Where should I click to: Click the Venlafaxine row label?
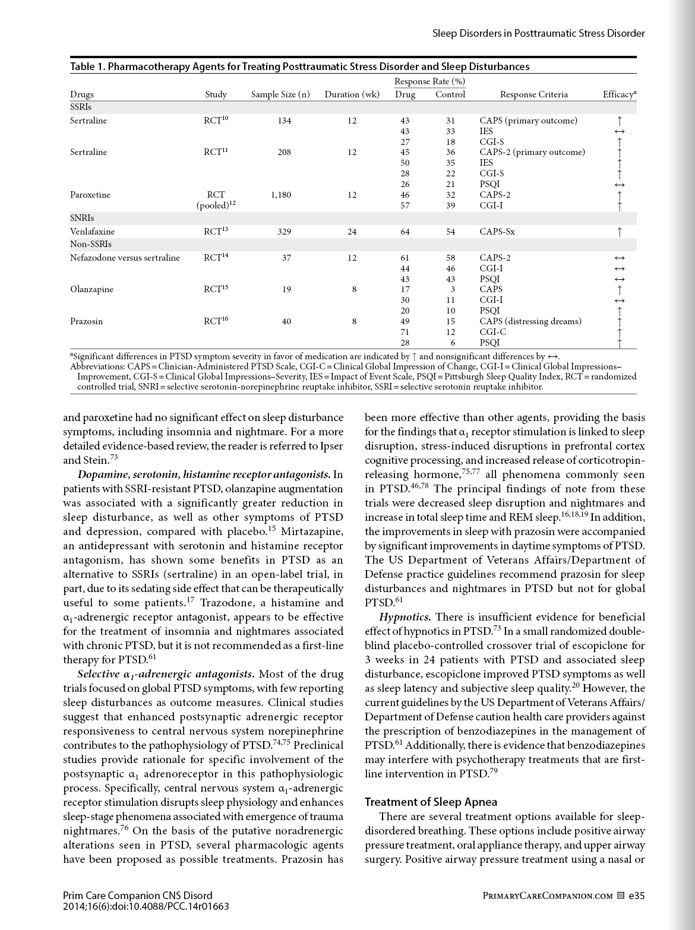(92, 232)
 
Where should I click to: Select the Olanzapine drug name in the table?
(91, 289)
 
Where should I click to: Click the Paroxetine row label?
(90, 195)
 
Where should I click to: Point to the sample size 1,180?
(280, 195)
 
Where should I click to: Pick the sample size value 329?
(284, 232)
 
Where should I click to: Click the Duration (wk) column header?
(352, 94)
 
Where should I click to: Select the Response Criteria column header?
(533, 94)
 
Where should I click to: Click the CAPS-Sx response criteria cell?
(497, 232)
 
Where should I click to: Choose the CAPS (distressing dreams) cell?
(530, 321)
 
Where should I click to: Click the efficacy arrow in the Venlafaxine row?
(620, 232)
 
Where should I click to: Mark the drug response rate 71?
(405, 332)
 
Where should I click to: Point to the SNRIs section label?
(82, 218)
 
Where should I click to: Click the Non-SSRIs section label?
(91, 244)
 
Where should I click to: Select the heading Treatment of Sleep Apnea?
(431, 802)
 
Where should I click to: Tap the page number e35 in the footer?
(636, 896)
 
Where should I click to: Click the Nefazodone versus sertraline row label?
(125, 258)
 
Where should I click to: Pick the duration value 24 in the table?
(352, 232)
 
